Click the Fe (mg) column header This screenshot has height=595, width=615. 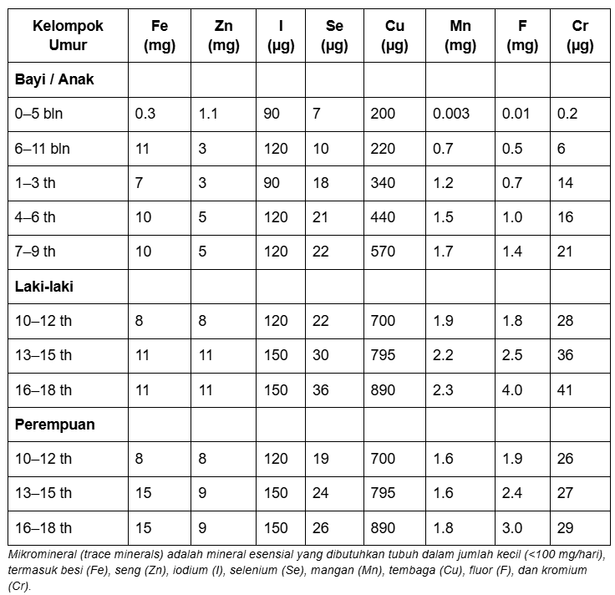pyautogui.click(x=159, y=36)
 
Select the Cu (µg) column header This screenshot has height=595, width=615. pyautogui.click(x=394, y=36)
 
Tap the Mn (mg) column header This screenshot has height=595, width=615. pyautogui.click(x=460, y=36)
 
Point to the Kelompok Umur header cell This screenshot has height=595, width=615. pyautogui.click(x=68, y=36)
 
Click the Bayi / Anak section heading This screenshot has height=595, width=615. pyautogui.click(x=54, y=80)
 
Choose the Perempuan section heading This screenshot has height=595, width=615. pyautogui.click(x=54, y=425)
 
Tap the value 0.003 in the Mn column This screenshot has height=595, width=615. pyautogui.click(x=451, y=114)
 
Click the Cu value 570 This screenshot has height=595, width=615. pyautogui.click(x=383, y=252)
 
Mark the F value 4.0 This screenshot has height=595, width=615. pyautogui.click(x=512, y=390)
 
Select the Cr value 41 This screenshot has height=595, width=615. pyautogui.click(x=565, y=390)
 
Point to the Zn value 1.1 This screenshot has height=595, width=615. pyautogui.click(x=208, y=114)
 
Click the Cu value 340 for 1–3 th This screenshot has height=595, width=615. pyautogui.click(x=383, y=183)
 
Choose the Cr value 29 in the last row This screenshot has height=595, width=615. pyautogui.click(x=565, y=528)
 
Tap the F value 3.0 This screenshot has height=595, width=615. pyautogui.click(x=512, y=528)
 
